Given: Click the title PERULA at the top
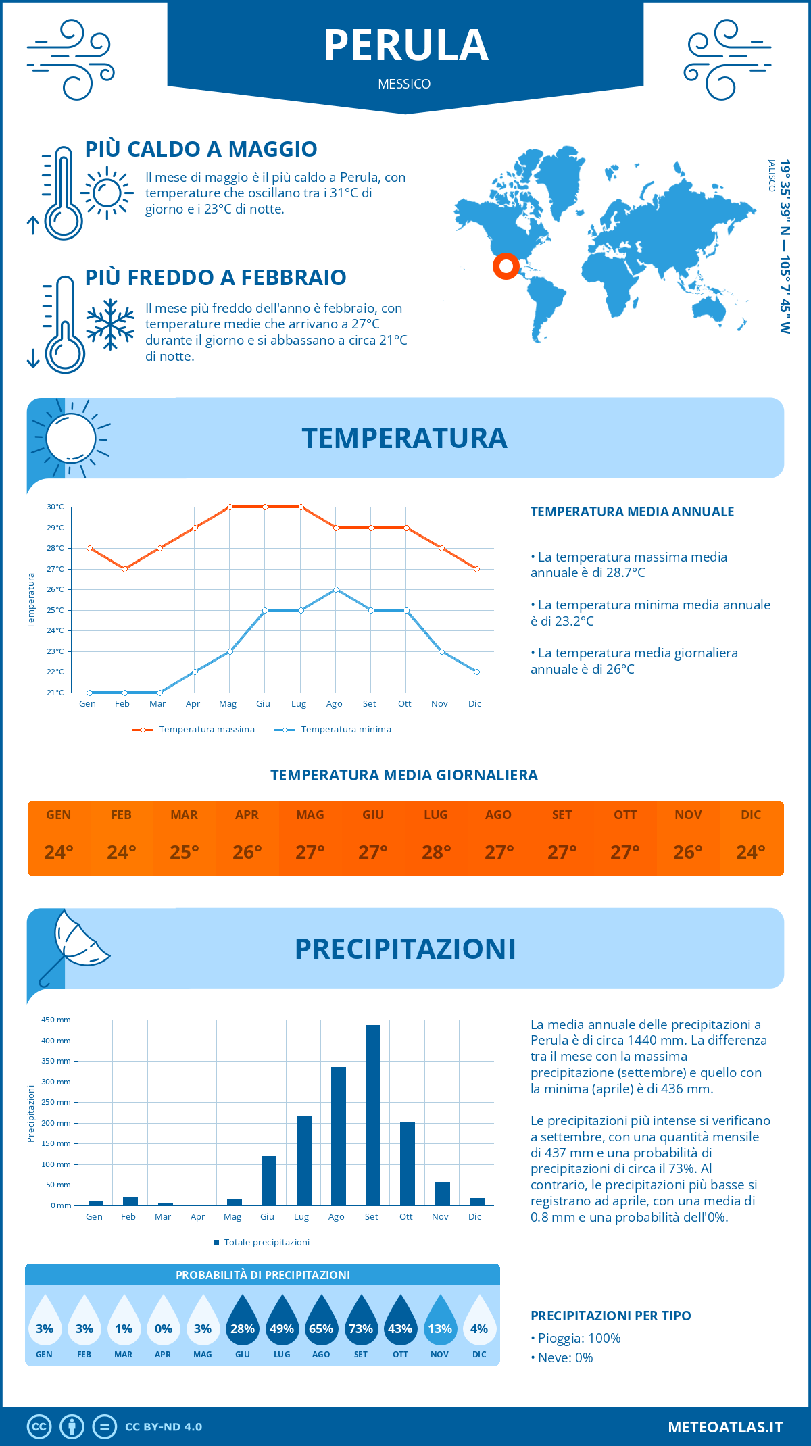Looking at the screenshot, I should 405,46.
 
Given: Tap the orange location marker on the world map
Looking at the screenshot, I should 506,266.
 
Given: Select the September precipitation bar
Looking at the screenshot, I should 372,1115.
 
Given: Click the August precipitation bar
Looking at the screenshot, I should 338,1136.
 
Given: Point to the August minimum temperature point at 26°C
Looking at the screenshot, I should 336,589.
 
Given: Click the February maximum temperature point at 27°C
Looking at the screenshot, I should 124,569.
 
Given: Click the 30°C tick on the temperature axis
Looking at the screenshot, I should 55,507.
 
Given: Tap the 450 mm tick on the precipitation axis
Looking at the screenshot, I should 56,1020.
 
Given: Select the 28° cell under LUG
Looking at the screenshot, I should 436,852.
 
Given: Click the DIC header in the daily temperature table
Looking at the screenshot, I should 750,815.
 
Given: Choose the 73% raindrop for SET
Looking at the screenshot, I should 360,1322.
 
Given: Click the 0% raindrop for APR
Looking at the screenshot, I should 163,1322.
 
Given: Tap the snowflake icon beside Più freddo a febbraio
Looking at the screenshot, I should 110,324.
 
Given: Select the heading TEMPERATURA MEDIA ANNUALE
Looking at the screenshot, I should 632,512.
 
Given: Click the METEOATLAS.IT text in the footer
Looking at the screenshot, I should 724,1427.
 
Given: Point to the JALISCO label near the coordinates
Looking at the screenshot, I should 771,176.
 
